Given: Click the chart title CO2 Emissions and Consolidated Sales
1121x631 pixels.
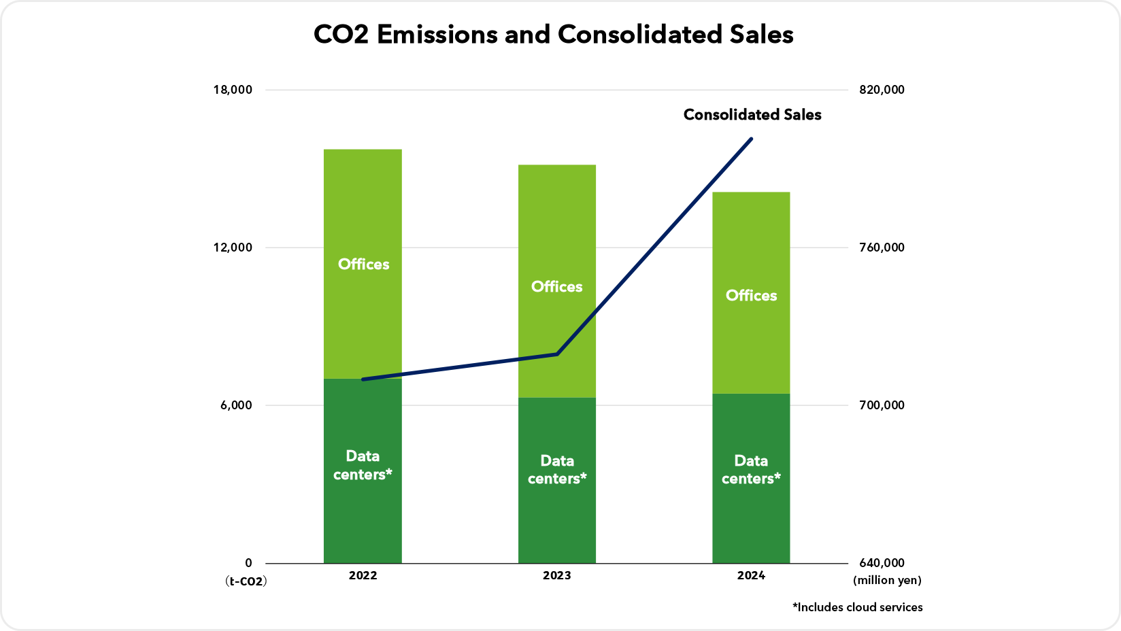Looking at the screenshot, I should click(553, 35).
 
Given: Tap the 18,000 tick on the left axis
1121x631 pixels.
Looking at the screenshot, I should click(233, 90).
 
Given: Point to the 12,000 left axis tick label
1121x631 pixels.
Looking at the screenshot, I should click(233, 248).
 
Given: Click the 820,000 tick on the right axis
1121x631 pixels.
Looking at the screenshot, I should click(883, 90).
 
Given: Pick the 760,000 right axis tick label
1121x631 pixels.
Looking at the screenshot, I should click(883, 248).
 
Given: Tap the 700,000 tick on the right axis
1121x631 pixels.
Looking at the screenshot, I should click(883, 405).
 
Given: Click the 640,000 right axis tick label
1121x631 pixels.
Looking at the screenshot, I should click(883, 563).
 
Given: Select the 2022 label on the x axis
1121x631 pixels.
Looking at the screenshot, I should click(363, 576).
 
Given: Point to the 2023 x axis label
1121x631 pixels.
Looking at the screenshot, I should click(557, 576).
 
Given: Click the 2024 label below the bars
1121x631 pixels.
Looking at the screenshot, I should click(751, 576).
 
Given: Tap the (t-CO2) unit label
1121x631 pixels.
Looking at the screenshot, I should click(246, 581).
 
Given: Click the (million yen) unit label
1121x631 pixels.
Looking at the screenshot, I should click(887, 581).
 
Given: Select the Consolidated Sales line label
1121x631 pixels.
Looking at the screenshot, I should click(752, 115).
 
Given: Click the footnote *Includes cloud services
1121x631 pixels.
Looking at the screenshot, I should click(857, 607).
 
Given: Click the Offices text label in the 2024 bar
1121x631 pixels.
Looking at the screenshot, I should click(751, 296).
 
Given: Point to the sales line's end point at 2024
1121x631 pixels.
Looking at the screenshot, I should click(751, 139).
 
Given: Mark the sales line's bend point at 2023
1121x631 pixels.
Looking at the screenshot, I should click(557, 354).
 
